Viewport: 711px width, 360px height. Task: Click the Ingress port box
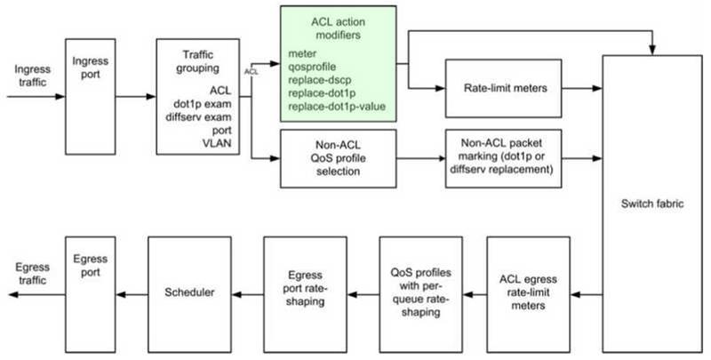(x=91, y=97)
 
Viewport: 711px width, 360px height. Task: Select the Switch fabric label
(x=652, y=204)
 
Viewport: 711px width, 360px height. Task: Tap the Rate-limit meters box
(x=503, y=88)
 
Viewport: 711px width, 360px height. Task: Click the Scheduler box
(x=189, y=294)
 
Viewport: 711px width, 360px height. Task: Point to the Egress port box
(x=91, y=294)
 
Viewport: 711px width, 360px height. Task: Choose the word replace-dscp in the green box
(x=319, y=80)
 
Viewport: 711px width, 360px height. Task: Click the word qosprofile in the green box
(x=312, y=67)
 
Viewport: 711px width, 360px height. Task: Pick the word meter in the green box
(x=302, y=54)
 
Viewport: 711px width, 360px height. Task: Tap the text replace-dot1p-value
(x=337, y=107)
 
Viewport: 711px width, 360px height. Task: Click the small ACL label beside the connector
(x=252, y=72)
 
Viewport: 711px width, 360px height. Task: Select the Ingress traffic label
(x=32, y=76)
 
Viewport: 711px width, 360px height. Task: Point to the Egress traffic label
(x=32, y=274)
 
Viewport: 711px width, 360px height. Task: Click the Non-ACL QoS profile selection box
(x=339, y=159)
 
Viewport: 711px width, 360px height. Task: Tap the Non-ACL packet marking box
(x=503, y=159)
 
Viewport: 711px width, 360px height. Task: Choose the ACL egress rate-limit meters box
(x=528, y=294)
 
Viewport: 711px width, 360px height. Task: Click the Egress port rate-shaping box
(x=305, y=294)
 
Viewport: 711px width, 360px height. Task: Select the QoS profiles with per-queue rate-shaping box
(x=420, y=294)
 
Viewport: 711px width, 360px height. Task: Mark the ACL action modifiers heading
(x=339, y=28)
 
